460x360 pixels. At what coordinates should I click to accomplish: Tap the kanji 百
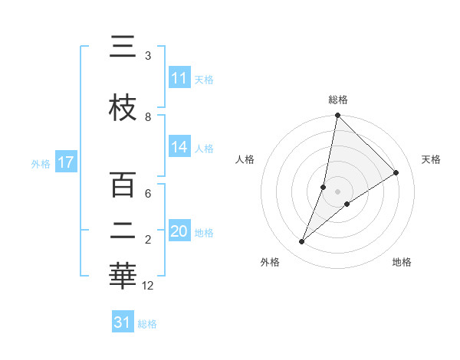coord(123,186)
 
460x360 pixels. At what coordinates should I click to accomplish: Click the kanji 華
coord(123,277)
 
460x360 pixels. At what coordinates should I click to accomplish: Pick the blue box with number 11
coord(179,78)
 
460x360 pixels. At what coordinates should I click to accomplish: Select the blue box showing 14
coord(179,147)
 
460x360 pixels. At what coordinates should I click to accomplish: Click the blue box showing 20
coord(179,231)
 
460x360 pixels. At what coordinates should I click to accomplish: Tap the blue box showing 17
coord(65,162)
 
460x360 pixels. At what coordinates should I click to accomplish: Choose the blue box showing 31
coord(123,322)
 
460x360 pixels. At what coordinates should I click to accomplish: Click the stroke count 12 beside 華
coord(148,286)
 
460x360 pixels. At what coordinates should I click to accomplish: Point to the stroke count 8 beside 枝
coord(148,116)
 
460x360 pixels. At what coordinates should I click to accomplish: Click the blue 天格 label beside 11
coord(203,79)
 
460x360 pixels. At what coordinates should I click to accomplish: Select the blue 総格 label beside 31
coord(147,324)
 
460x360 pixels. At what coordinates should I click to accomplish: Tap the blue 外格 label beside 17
coord(40,163)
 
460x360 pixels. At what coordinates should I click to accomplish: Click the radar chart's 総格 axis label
coord(338,100)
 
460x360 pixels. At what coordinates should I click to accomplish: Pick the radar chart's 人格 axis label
coord(245,159)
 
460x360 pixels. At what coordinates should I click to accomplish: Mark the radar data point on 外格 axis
coord(302,242)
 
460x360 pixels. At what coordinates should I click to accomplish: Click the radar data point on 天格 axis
coord(396,173)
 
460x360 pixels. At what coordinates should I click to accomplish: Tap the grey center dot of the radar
coord(338,191)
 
